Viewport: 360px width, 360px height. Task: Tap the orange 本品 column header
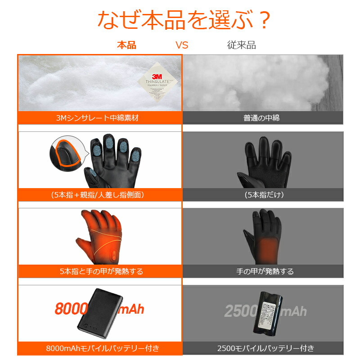[126, 45]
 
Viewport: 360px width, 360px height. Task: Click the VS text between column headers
[181, 45]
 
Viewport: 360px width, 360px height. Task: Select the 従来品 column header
[241, 45]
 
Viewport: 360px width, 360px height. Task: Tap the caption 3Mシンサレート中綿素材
[100, 118]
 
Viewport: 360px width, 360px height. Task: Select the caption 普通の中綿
[261, 118]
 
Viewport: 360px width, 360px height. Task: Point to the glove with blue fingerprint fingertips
[112, 160]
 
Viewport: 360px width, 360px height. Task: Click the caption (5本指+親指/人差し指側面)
[100, 195]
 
